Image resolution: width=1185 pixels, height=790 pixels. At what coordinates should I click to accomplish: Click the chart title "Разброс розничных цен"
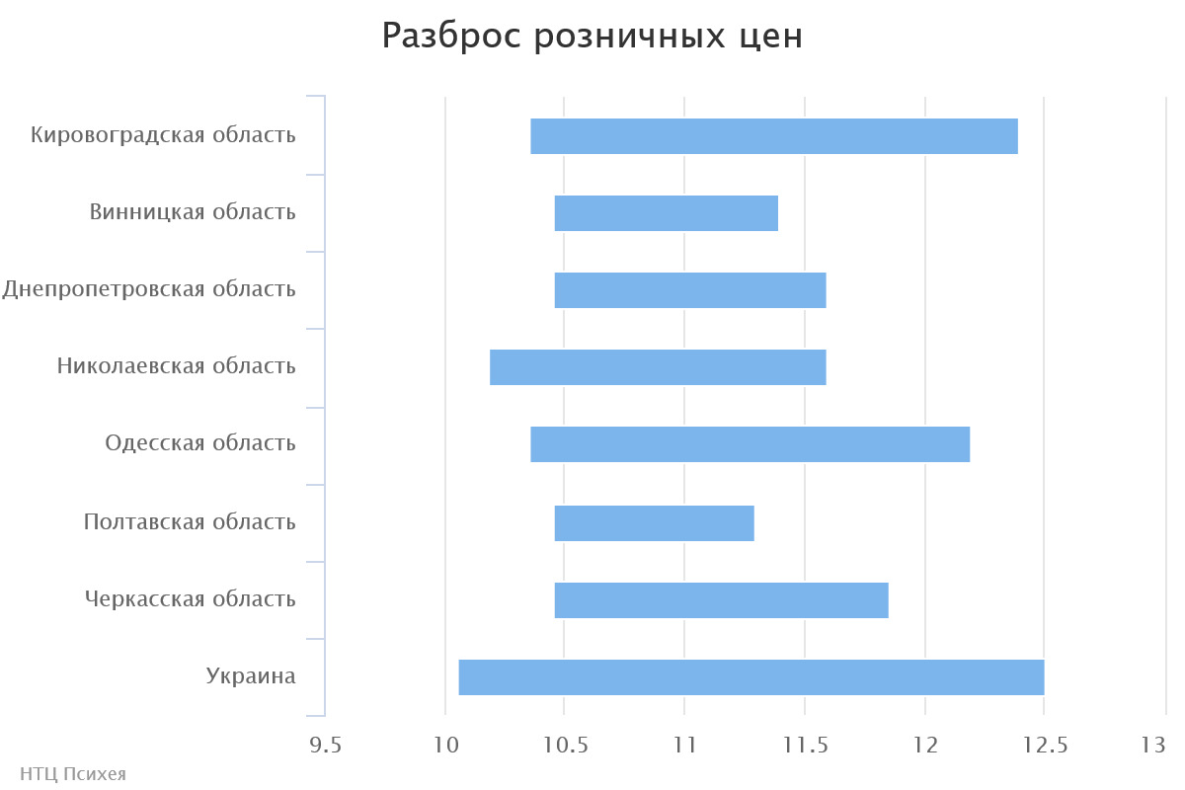(x=592, y=37)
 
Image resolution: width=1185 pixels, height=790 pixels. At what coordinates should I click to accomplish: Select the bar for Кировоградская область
(x=774, y=136)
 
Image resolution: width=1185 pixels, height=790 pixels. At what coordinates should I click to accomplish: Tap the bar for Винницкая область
(x=667, y=213)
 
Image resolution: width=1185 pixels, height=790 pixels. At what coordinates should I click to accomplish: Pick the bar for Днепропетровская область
(x=690, y=290)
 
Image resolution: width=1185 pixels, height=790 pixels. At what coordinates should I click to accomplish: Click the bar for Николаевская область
(x=658, y=367)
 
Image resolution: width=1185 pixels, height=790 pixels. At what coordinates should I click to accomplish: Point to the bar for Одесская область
(x=750, y=444)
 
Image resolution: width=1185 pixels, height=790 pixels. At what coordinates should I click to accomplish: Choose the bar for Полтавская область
(x=655, y=522)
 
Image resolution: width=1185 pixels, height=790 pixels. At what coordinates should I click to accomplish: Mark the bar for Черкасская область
(x=722, y=599)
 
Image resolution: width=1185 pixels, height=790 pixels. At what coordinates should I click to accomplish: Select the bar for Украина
(x=751, y=676)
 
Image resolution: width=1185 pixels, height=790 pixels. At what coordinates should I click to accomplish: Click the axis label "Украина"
(x=251, y=676)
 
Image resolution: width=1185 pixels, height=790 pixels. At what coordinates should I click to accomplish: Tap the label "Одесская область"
(x=200, y=443)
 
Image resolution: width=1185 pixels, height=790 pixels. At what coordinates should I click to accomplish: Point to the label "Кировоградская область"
(x=163, y=135)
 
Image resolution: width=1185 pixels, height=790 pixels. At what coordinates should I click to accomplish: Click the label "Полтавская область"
(x=190, y=521)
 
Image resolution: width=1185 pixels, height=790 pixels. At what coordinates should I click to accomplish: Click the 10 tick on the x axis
(x=445, y=746)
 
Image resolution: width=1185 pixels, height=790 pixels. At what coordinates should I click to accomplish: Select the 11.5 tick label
(x=805, y=746)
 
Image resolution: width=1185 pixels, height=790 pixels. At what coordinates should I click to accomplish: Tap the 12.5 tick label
(x=1045, y=746)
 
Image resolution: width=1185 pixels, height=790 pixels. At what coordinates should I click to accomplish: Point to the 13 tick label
(x=1154, y=746)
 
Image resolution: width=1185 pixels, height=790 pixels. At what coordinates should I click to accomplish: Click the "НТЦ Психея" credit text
(x=73, y=774)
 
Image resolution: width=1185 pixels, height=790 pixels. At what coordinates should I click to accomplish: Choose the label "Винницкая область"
(x=193, y=212)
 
